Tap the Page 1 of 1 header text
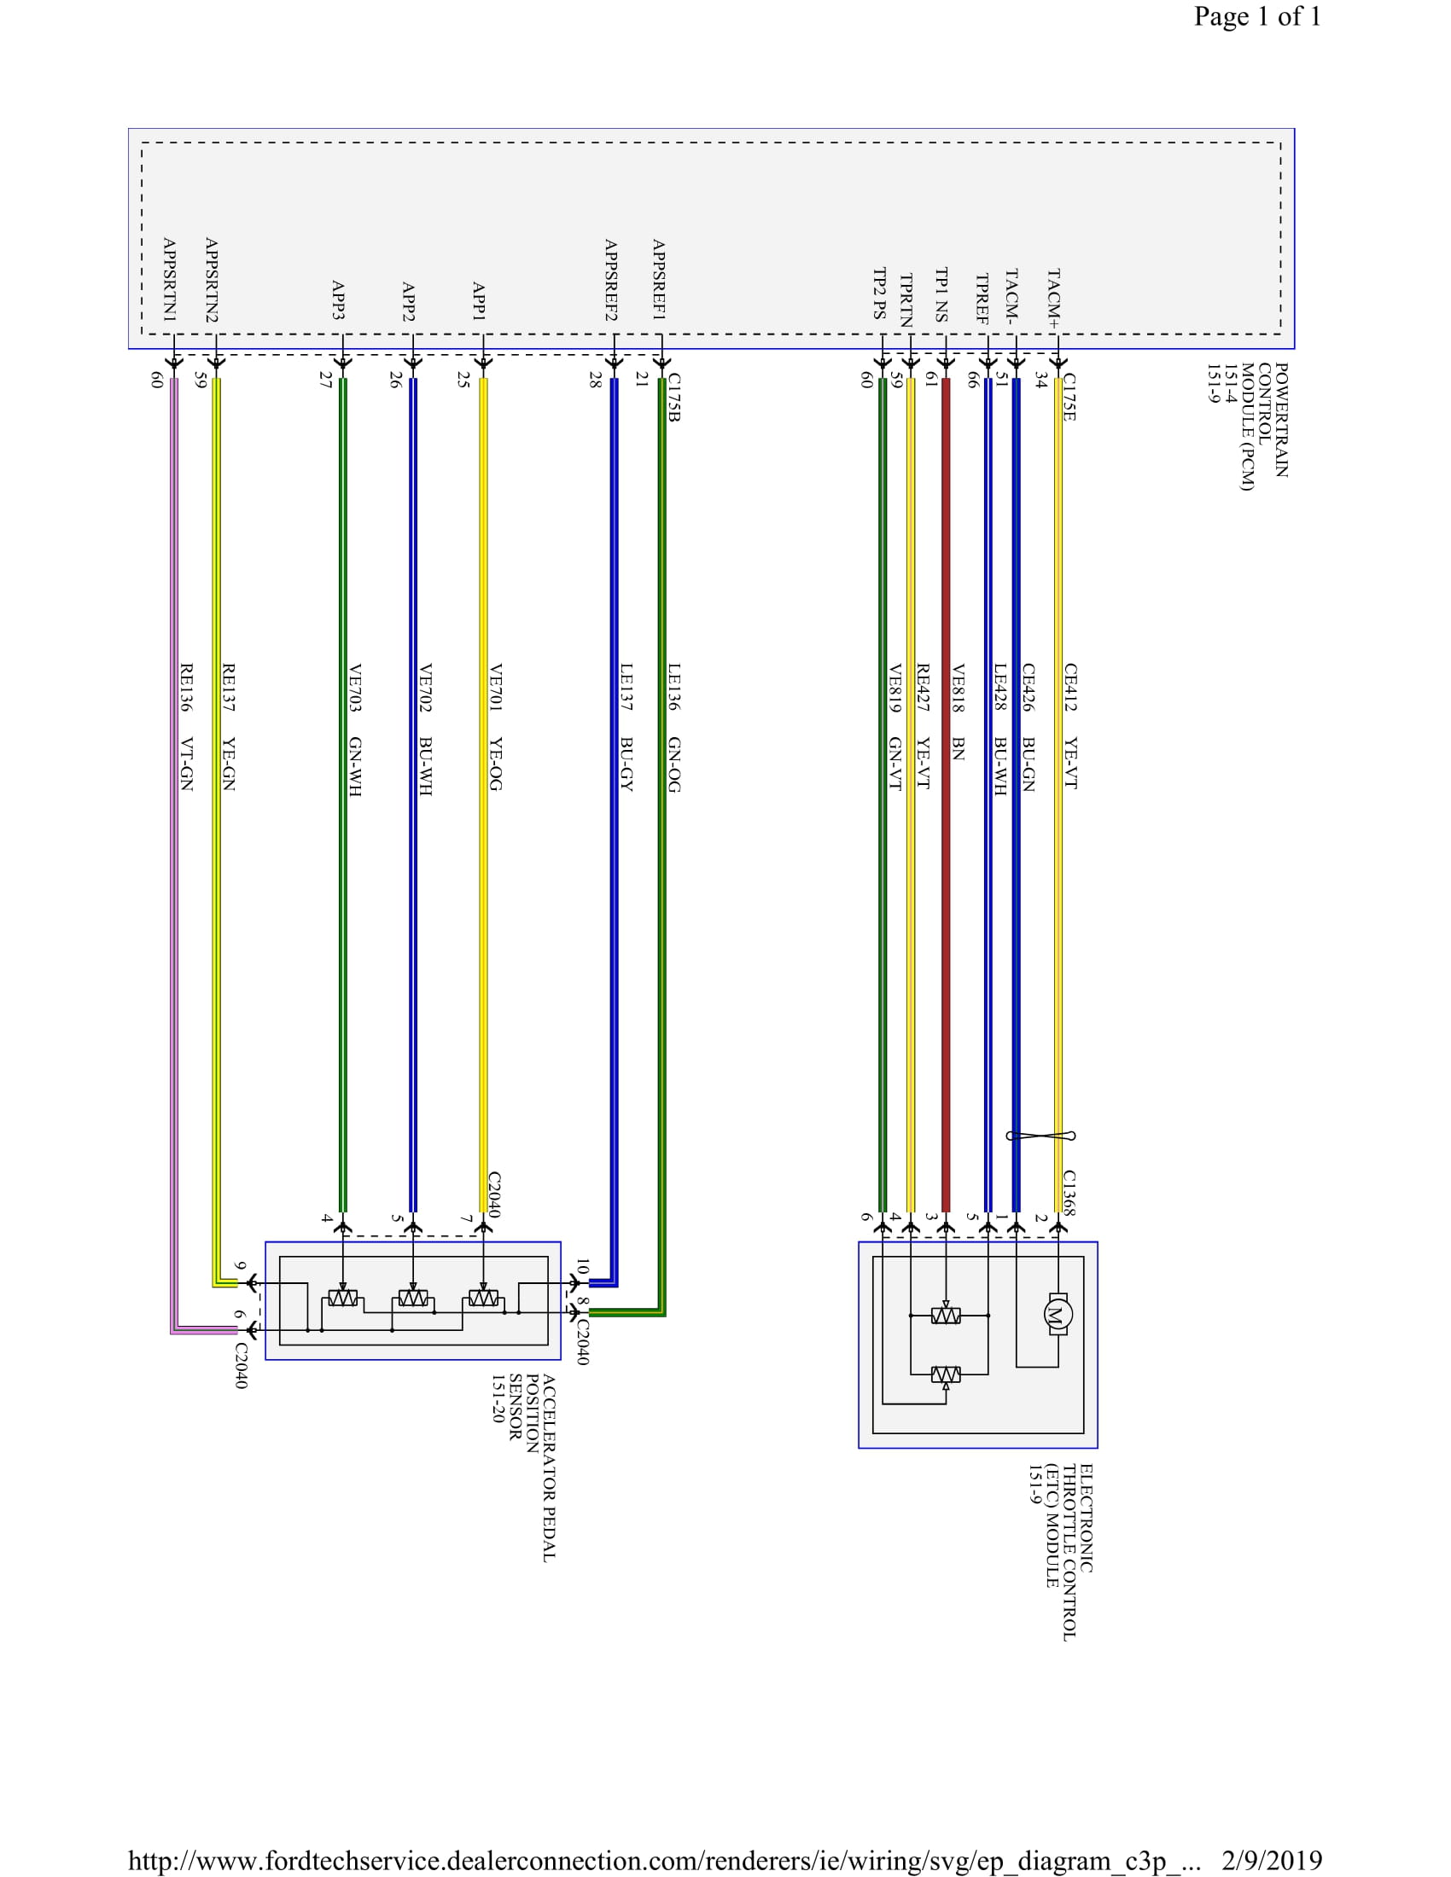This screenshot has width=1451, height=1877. pos(1256,17)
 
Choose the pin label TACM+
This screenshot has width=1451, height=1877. pos(1054,299)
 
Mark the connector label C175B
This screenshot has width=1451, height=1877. pos(674,397)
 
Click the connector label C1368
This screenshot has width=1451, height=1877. pos(1069,1192)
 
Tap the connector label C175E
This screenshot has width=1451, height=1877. pos(1069,397)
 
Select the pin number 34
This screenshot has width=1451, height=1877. pos(1041,380)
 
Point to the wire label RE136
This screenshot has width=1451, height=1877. pos(186,688)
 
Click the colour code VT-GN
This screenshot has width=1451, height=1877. pos(186,764)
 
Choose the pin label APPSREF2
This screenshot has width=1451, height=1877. pos(610,280)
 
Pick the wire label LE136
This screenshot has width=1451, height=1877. pos(674,687)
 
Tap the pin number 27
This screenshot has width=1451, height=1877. pos(326,379)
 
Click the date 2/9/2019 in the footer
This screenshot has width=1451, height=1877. pos(1272,1860)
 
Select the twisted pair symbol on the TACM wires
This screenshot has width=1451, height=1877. pos(1040,1136)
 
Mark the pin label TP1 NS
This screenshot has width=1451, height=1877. pos(942,295)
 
